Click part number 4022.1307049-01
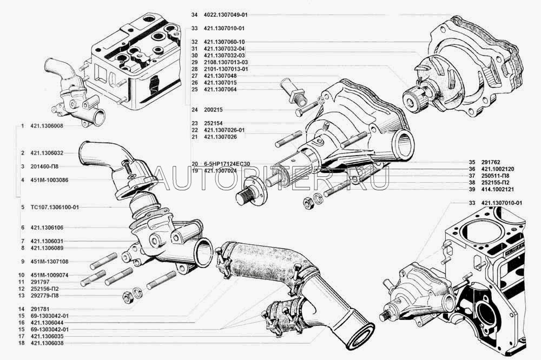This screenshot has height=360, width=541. click(x=225, y=15)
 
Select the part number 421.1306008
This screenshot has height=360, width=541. click(x=47, y=126)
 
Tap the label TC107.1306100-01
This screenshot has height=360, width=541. click(x=55, y=207)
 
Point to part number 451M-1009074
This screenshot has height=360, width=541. click(x=49, y=275)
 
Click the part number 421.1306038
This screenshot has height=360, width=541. click(x=47, y=343)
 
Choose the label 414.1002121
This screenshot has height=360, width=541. click(x=498, y=189)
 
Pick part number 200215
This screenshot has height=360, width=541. click(x=213, y=110)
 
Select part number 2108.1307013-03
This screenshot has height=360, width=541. click(x=226, y=62)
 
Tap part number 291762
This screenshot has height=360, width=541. click(x=491, y=162)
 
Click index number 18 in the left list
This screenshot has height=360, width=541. click(x=22, y=343)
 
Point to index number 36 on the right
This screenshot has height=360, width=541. click(x=472, y=169)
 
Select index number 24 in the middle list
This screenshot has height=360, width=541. click(x=195, y=110)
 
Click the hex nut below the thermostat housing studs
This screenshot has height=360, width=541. click(x=127, y=297)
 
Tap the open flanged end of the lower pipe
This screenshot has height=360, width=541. click(x=360, y=335)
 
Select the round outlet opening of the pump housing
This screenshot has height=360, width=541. click(x=404, y=144)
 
